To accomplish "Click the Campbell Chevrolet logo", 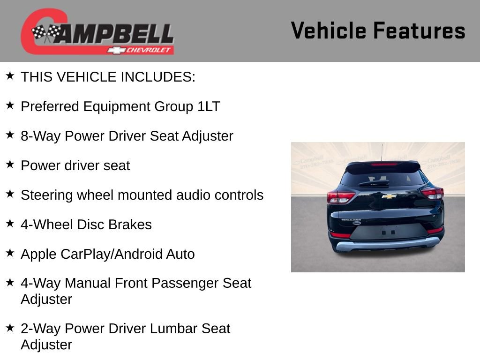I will tap(97, 32).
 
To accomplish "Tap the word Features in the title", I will tap(419, 30).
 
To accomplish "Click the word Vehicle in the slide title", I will tap(329, 30).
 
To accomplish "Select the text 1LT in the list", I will tap(209, 106).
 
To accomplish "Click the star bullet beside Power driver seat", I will tap(10, 164).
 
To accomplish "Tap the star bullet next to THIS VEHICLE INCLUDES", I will tap(10, 75).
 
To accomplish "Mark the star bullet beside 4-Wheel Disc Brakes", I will tap(10, 223).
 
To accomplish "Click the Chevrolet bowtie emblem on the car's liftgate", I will tap(389, 196).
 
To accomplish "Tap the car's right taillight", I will tap(432, 193).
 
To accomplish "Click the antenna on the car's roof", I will tap(382, 152).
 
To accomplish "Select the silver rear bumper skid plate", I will tap(387, 244).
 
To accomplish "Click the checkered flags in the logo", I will tap(46, 32).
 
